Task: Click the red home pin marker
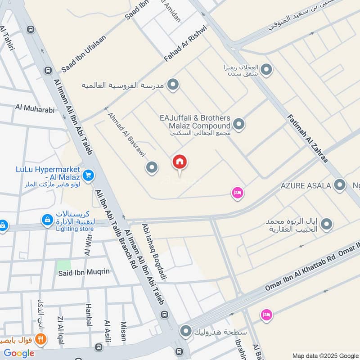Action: coord(180,162)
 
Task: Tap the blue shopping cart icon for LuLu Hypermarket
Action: coord(88,176)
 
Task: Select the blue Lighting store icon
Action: coord(46,220)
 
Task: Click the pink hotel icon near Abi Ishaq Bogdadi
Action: coord(237,193)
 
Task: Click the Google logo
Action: coord(19,353)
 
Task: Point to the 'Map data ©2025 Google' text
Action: coord(325,355)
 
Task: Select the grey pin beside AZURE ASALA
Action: coord(340,185)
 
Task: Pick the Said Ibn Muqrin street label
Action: coord(83,273)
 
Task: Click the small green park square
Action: coord(64,265)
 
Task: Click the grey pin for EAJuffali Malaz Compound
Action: coord(238,123)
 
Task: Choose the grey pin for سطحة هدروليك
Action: coord(185,332)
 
